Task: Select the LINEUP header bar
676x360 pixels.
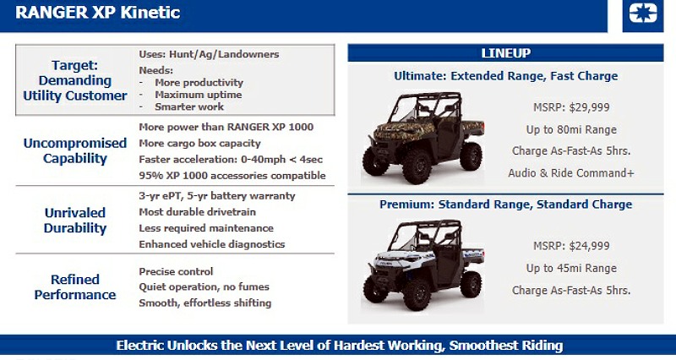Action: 505,53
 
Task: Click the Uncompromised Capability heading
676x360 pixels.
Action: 76,150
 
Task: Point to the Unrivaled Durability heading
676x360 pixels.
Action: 76,220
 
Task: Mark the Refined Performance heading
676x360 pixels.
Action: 76,287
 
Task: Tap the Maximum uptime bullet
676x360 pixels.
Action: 199,95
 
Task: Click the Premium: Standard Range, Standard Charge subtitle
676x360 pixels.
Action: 505,205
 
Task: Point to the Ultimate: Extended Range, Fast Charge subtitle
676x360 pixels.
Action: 505,76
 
